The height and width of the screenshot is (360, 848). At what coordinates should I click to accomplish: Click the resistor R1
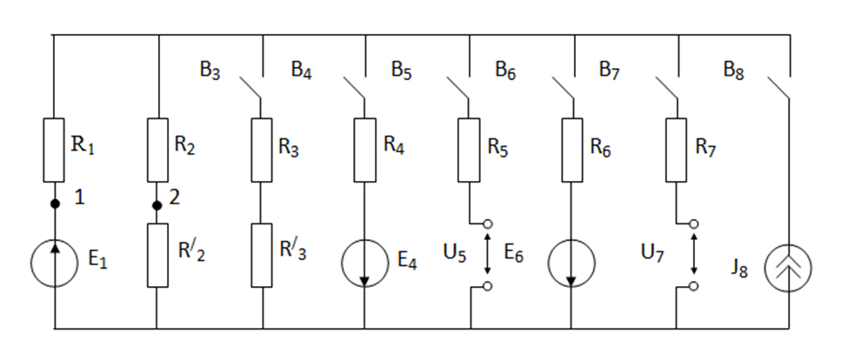tap(54, 150)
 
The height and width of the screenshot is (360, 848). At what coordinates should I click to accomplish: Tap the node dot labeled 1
tap(54, 204)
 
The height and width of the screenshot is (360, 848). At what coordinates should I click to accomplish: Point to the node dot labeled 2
tap(157, 206)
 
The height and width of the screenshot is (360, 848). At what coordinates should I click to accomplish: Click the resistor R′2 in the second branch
tap(157, 255)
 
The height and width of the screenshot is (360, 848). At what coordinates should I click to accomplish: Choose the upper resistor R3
tap(262, 150)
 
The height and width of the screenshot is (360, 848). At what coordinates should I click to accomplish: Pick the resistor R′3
tap(262, 255)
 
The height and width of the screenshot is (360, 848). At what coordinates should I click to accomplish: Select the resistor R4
tap(365, 150)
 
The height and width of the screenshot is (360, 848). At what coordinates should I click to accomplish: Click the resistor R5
tap(470, 150)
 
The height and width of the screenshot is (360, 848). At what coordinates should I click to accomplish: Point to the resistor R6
tap(573, 150)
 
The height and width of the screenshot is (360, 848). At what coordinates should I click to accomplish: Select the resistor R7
tap(678, 150)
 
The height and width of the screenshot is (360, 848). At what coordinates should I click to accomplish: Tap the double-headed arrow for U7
tap(694, 255)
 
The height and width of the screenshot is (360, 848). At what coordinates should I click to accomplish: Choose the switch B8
tap(778, 86)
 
